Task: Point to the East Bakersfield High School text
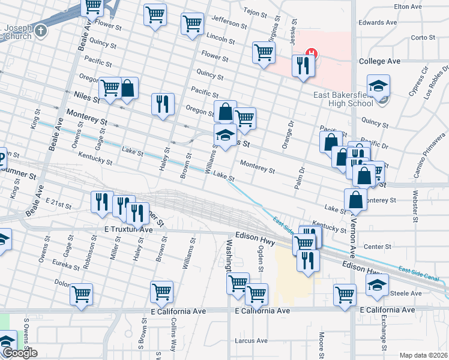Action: (x=343, y=98)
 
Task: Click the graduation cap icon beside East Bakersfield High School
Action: (x=379, y=86)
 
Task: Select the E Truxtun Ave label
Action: (x=128, y=230)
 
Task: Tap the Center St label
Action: (x=378, y=246)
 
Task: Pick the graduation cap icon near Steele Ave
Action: (x=376, y=285)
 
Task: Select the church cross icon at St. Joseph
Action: (x=40, y=31)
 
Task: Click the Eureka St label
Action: (x=65, y=265)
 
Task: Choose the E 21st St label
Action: (x=58, y=204)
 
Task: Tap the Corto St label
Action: (x=424, y=37)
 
